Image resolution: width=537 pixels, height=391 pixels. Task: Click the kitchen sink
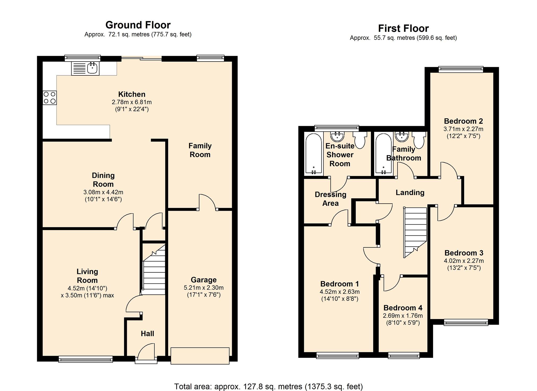(85, 68)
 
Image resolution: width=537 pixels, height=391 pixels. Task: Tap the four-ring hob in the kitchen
(50, 98)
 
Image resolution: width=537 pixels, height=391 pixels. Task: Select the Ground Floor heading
(138, 25)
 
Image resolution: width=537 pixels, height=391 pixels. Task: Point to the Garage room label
(204, 280)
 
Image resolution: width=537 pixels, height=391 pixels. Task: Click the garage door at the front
(200, 356)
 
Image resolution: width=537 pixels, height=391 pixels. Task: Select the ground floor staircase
(154, 269)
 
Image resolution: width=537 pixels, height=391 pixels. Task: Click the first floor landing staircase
(415, 232)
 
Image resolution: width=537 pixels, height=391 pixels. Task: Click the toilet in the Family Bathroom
(419, 140)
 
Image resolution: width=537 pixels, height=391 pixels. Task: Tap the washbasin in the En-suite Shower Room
(338, 137)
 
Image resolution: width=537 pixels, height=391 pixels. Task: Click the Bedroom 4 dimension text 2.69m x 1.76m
(403, 316)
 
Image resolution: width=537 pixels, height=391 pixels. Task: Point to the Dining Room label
(103, 180)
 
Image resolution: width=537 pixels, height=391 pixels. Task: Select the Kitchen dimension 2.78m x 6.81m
(132, 102)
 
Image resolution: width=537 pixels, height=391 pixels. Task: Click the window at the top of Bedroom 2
(461, 69)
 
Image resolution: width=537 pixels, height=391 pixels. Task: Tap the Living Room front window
(86, 359)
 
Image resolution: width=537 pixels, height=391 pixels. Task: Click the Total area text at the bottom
(268, 386)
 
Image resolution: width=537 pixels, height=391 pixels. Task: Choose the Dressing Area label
(330, 199)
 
